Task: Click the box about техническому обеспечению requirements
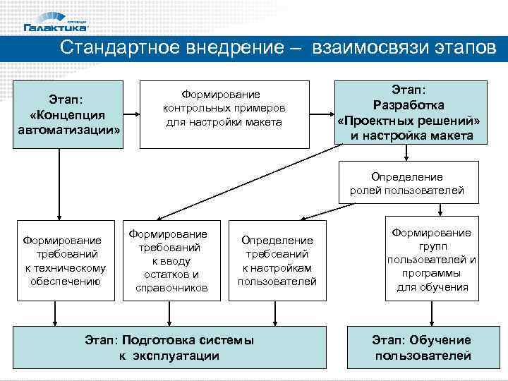pyautogui.click(x=65, y=260)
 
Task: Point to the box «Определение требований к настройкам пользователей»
pyautogui.click(x=277, y=260)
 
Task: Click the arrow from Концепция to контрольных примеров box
pyautogui.click(x=131, y=114)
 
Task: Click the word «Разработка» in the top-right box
pyautogui.click(x=409, y=104)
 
